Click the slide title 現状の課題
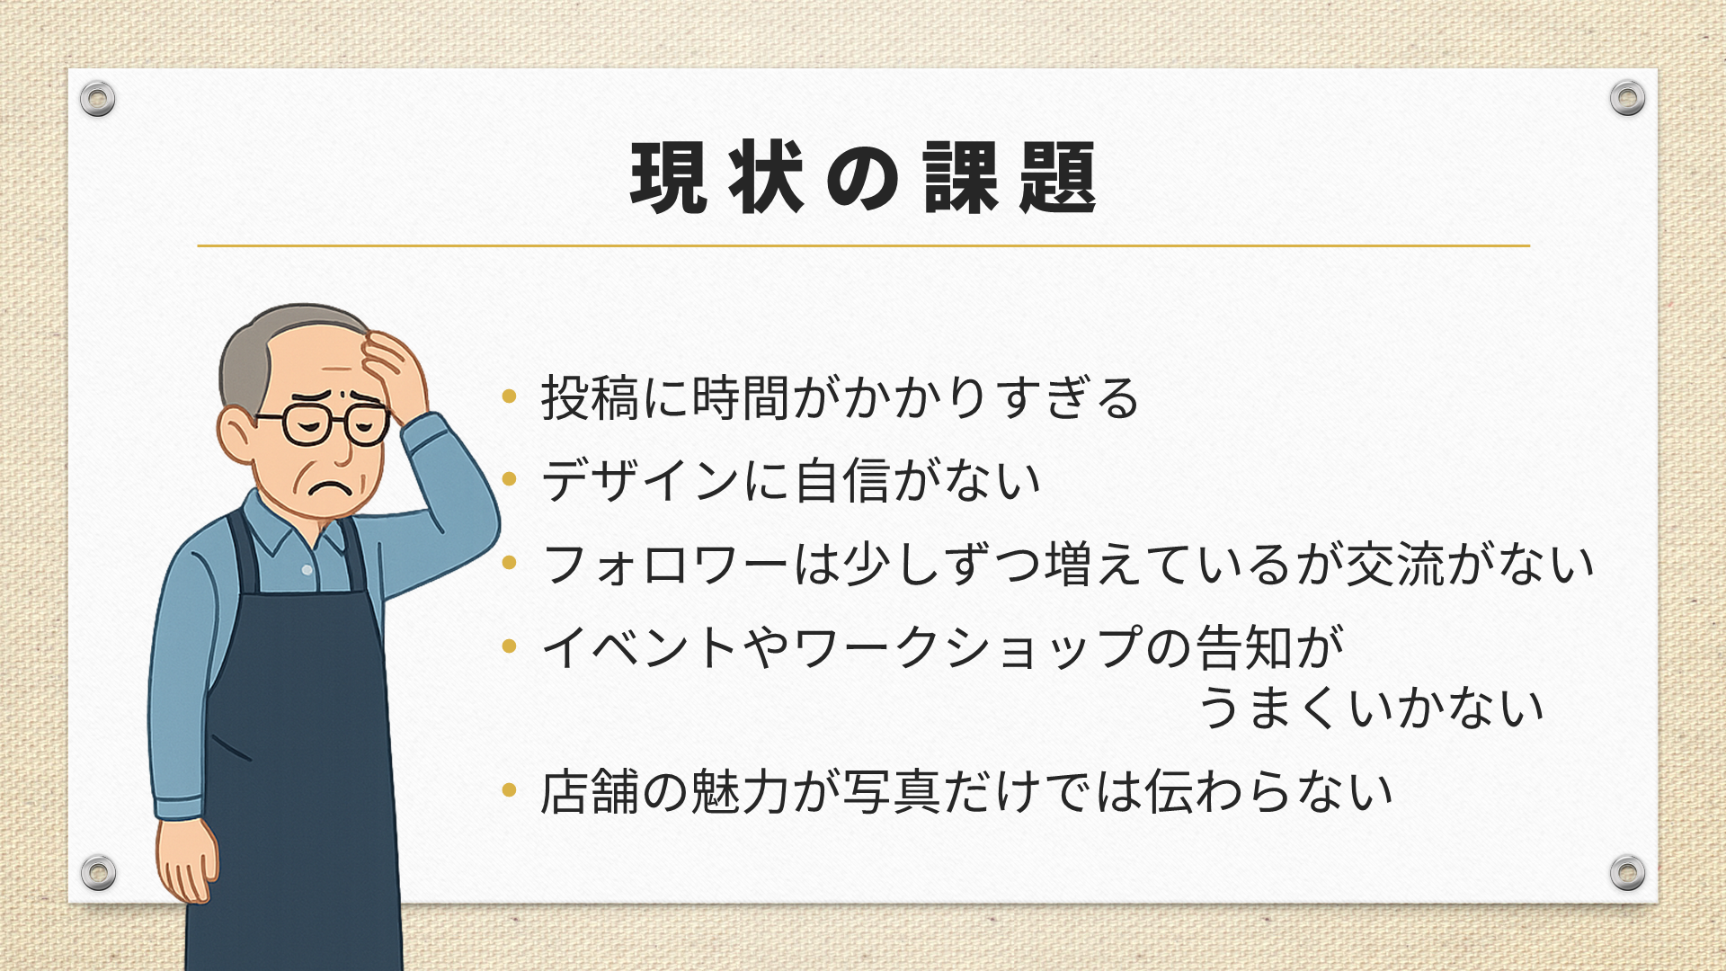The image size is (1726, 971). [x=863, y=177]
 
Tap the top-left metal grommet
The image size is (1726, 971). [x=97, y=98]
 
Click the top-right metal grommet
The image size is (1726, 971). [x=1627, y=98]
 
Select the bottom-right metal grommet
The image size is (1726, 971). [x=1627, y=872]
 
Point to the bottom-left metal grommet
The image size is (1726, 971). [x=98, y=872]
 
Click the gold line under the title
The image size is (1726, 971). [x=863, y=245]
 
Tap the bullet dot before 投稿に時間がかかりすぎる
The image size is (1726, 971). [x=510, y=396]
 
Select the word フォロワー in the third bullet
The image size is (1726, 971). [x=666, y=564]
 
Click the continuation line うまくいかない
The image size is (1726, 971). [x=1372, y=708]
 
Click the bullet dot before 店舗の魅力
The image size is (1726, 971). [x=510, y=790]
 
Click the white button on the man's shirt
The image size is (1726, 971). [x=307, y=570]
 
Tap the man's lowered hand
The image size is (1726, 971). [x=187, y=859]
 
